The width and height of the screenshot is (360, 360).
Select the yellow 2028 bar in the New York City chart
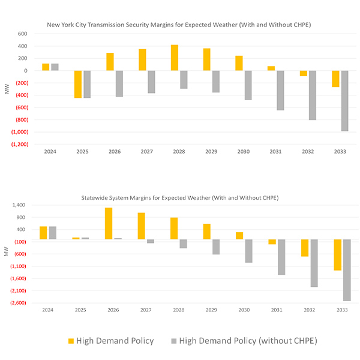point(175,58)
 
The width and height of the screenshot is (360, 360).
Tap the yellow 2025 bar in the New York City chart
point(78,84)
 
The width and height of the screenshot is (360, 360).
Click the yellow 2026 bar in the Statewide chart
point(109,223)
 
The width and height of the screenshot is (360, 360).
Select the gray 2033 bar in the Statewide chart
point(345,270)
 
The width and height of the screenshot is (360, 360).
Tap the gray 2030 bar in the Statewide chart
point(248,251)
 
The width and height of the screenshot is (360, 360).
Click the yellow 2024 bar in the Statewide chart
point(43,233)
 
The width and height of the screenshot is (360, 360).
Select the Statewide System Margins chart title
point(180,197)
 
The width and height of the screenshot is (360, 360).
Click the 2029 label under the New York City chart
point(212,152)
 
